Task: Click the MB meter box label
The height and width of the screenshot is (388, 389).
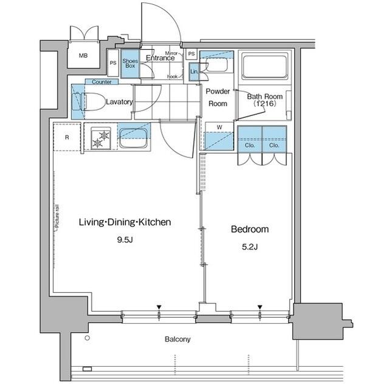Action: click(x=83, y=56)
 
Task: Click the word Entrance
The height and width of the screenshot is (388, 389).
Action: click(x=160, y=58)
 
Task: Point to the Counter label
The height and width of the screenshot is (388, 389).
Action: click(x=102, y=82)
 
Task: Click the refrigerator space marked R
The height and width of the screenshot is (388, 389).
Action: click(x=67, y=137)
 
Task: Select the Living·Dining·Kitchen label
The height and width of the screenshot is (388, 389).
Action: click(x=125, y=222)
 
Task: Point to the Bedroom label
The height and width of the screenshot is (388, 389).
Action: click(x=249, y=229)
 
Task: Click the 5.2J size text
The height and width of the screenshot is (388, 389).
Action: click(x=249, y=246)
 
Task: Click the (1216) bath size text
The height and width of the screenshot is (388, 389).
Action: click(x=264, y=104)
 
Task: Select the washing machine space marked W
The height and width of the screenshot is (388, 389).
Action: click(x=219, y=137)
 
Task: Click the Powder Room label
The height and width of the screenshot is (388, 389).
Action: click(x=218, y=97)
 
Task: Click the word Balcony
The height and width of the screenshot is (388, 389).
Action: click(x=177, y=339)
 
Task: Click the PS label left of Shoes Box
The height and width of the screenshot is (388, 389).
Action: click(x=113, y=63)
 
